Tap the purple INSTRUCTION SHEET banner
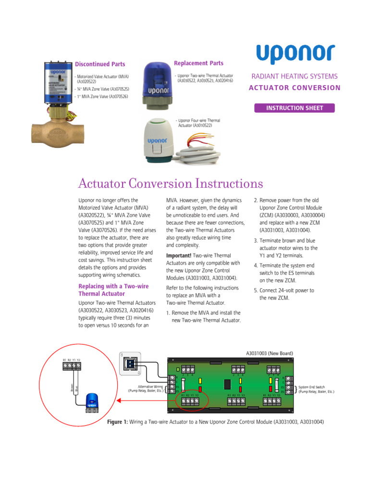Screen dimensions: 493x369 [x=295, y=108]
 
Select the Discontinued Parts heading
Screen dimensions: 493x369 [x=99, y=64]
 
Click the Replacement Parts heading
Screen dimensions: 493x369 [x=198, y=63]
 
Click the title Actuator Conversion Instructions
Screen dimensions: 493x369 [x=171, y=184]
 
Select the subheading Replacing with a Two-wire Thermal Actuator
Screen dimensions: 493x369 [x=113, y=290]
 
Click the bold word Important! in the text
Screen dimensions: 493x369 [x=179, y=255]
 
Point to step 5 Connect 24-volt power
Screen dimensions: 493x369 [x=286, y=294]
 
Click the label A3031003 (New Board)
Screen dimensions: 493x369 [x=270, y=353]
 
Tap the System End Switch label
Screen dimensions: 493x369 [x=316, y=389]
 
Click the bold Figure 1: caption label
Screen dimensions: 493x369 [x=117, y=422]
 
